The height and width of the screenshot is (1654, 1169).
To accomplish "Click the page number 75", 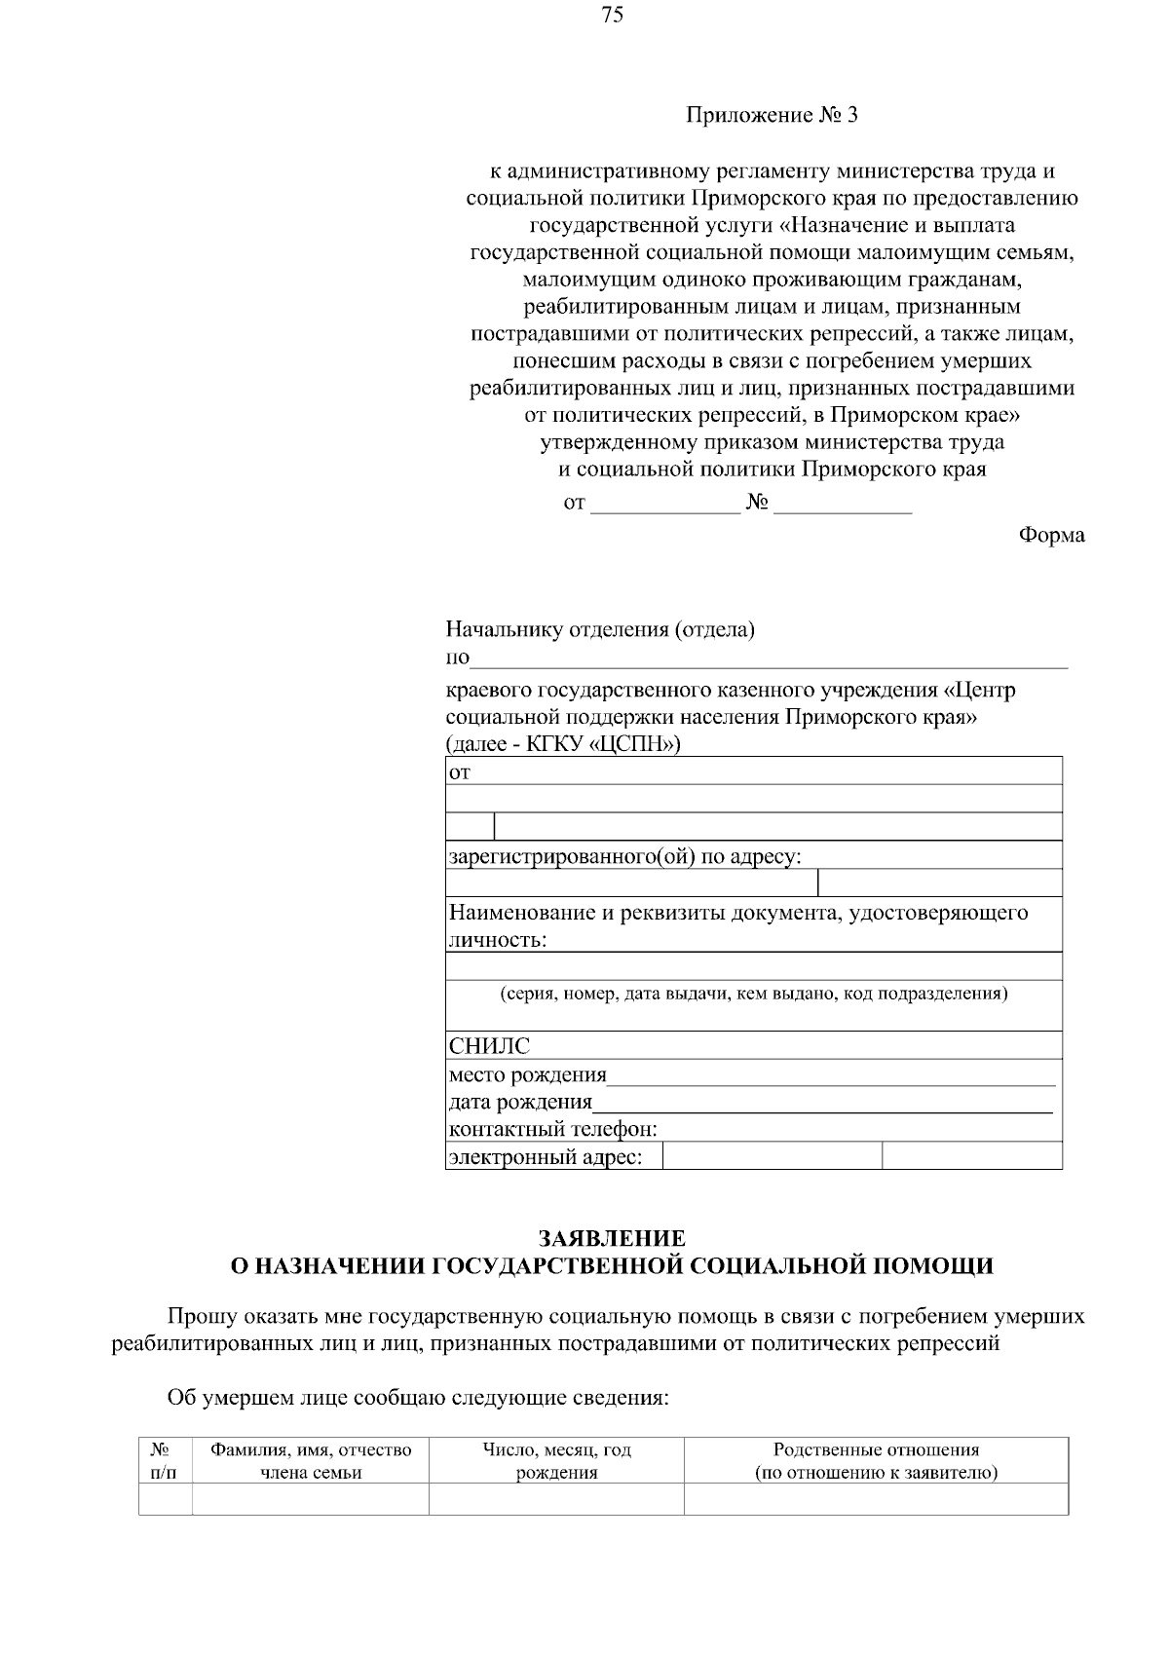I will pos(613,15).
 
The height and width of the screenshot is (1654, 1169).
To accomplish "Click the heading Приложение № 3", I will pos(772,116).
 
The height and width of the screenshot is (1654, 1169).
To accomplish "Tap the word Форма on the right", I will pos(1051,535).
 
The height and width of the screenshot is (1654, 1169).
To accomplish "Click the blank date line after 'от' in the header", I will pos(665,506).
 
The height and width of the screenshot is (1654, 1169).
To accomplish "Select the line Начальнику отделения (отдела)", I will pos(600,629).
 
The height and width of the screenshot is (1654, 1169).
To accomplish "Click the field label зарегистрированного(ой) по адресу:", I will pos(624,857).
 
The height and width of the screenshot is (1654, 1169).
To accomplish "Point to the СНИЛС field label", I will pos(489,1046).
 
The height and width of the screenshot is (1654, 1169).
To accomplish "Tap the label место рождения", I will pos(527,1075).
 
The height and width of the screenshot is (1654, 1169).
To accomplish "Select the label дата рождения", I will pos(520,1103).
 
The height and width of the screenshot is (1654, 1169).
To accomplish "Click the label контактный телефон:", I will pos(552,1130).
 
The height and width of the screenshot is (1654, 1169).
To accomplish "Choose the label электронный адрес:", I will pos(545,1157).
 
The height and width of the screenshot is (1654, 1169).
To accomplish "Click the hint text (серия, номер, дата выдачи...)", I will pos(754,995).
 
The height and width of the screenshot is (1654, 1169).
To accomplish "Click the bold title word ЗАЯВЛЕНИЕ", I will pos(612,1239).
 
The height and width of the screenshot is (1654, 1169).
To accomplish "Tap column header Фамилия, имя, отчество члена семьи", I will pos(311,1461).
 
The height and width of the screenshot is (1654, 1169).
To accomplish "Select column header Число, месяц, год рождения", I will pos(556,1461).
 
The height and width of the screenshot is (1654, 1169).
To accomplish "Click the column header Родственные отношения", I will pos(876,1450).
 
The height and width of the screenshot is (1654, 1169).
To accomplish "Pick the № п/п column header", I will pos(165,1461).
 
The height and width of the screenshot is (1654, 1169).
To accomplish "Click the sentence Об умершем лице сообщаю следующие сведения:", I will pos(418,1399).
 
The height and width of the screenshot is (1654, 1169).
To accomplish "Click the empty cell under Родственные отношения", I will pos(876,1499).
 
